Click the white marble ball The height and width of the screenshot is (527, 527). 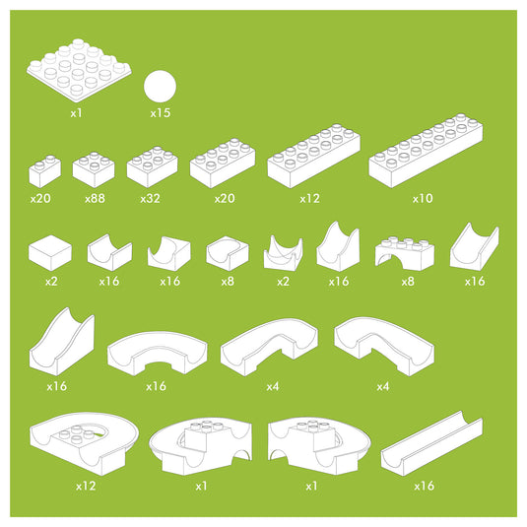(160, 87)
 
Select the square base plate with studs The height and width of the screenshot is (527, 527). (79, 71)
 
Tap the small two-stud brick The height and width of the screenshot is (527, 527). (45, 171)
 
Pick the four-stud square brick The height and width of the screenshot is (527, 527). (94, 169)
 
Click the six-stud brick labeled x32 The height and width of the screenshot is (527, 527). (153, 166)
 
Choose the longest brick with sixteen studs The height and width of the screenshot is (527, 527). (426, 151)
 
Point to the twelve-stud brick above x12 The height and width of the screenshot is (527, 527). (314, 157)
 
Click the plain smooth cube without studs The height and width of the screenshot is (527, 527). (50, 253)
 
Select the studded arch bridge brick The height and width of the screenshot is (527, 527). (405, 253)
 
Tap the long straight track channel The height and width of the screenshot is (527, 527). (431, 443)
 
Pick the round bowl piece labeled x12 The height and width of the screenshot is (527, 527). (84, 443)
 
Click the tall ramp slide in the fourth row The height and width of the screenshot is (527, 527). (62, 341)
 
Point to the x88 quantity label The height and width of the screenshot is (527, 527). (96, 198)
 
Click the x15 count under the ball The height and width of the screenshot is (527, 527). (161, 113)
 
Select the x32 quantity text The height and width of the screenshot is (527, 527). (150, 198)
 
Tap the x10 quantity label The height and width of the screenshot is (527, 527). (423, 198)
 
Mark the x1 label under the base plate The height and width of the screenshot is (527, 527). (76, 113)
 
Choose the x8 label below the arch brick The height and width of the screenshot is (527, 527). (408, 281)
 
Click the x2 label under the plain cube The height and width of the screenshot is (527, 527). (51, 281)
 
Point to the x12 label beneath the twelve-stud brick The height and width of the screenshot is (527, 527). (310, 198)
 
